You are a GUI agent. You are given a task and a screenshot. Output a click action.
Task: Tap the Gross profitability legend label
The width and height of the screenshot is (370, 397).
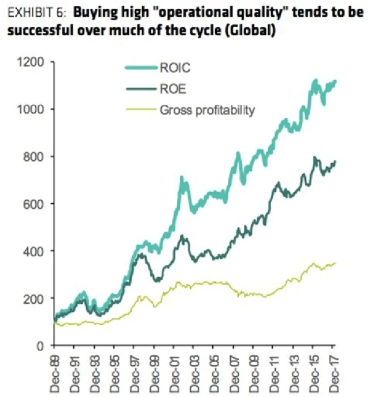pos(206,109)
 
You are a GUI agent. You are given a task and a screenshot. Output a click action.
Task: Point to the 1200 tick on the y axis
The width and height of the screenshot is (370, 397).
pos(36,62)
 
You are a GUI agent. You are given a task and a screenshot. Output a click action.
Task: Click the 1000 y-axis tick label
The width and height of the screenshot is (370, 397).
pos(36,109)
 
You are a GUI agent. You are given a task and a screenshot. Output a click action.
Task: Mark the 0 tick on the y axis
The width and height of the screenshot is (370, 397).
pos(46,345)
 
